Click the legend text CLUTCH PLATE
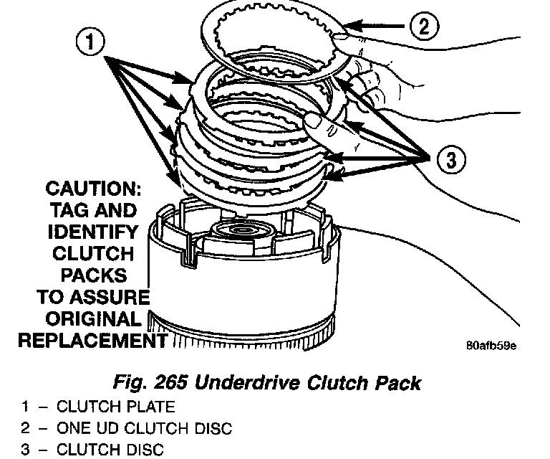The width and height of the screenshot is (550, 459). [x=115, y=407]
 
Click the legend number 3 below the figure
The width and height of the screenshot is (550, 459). [x=24, y=450]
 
